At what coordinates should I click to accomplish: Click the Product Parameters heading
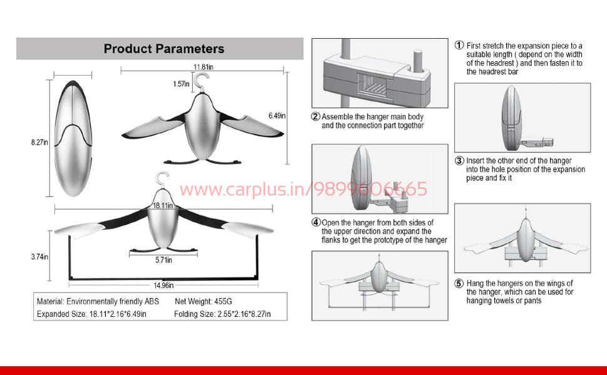point(163,49)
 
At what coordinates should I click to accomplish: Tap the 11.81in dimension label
point(203,67)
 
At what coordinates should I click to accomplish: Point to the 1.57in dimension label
point(181,84)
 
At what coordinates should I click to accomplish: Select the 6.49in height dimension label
point(277,116)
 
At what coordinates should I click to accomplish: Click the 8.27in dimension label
point(39,143)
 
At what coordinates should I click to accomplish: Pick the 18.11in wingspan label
point(163,205)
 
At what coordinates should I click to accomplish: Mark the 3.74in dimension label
point(39,257)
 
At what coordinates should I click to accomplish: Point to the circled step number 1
point(459,46)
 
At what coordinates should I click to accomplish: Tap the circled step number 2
point(316,117)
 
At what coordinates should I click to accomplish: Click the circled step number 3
point(459,161)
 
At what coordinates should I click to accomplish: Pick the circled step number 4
point(316,222)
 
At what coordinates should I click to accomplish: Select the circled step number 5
point(459,284)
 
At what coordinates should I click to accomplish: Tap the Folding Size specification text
point(222,314)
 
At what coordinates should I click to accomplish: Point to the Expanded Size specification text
point(91,314)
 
